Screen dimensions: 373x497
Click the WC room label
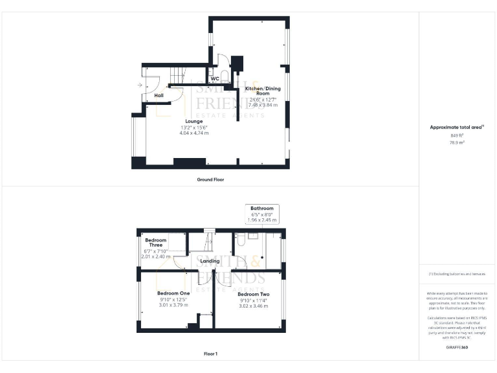[x=215, y=79]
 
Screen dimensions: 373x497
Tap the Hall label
[x=159, y=96]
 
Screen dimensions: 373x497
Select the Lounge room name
[x=194, y=121]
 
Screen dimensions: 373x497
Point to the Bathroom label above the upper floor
[x=263, y=209]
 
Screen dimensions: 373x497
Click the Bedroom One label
[x=172, y=293]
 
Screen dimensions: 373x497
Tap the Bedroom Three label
[x=155, y=243]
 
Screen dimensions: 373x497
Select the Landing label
[x=209, y=261]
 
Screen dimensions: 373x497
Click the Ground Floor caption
[x=211, y=179]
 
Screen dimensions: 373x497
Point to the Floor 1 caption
[x=211, y=354]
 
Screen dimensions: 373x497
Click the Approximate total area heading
[x=457, y=128]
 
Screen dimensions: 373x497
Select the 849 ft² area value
[x=457, y=135]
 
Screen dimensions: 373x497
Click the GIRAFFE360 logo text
[x=457, y=348]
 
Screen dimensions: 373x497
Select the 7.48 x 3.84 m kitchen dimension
[x=262, y=105]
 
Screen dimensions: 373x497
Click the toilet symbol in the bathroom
[x=239, y=240]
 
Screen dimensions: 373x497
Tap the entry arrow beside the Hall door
[x=140, y=85]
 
